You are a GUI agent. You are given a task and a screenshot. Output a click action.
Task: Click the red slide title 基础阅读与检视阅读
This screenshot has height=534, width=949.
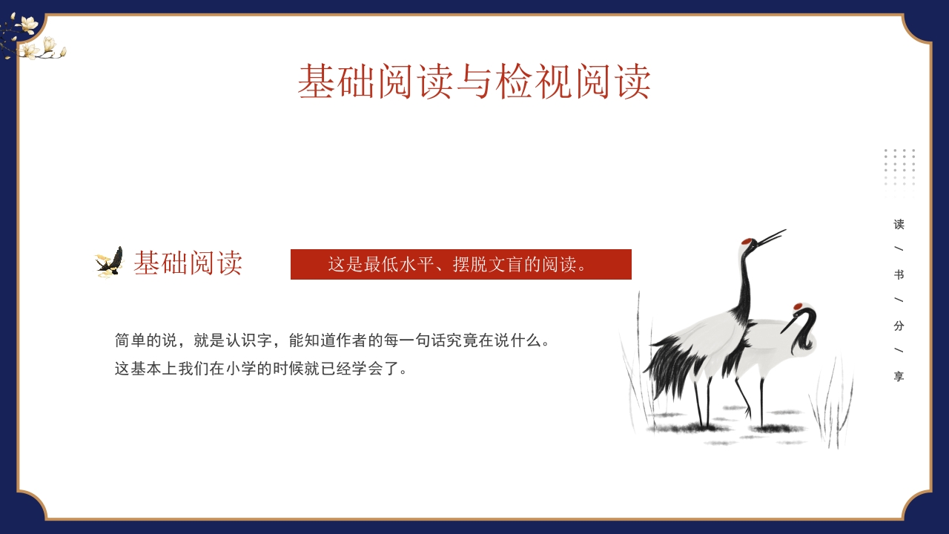[474, 82]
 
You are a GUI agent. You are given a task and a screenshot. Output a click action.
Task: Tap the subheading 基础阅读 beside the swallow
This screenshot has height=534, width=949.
[188, 263]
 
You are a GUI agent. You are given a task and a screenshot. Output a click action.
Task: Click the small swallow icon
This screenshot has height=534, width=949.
[110, 262]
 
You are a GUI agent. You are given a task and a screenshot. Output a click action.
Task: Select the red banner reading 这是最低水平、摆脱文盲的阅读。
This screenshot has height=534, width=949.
[460, 265]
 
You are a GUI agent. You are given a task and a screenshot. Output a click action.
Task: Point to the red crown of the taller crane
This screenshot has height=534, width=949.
[748, 242]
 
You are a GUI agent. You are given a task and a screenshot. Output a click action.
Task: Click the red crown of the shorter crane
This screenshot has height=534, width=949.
[798, 306]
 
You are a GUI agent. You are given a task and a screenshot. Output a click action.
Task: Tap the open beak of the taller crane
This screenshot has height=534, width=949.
[771, 237]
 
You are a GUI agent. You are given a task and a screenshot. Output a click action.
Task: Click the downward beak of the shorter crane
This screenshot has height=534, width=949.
[787, 325]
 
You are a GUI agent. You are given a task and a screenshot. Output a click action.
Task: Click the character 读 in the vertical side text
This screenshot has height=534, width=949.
[899, 224]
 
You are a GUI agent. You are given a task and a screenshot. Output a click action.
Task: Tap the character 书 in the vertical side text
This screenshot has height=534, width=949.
[899, 275]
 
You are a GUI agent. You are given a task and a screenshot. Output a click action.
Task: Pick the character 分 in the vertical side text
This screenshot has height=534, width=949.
[899, 326]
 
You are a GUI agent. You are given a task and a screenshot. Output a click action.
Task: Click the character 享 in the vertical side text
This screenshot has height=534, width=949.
[899, 377]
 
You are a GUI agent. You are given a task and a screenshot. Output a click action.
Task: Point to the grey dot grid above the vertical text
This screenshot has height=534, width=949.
[899, 167]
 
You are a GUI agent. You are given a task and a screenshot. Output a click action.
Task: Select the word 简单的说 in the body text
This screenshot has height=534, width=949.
[146, 340]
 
